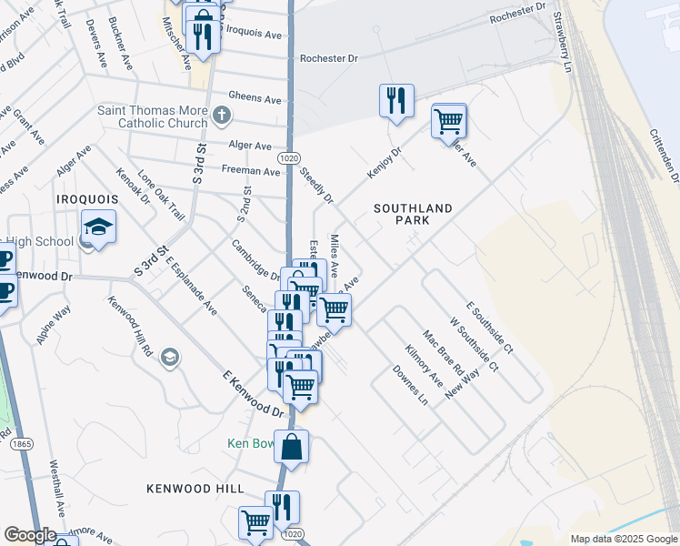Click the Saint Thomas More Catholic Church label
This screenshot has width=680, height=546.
tap(153, 117)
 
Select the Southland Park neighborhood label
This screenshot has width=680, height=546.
tap(414, 215)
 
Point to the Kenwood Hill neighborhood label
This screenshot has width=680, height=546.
tap(195, 489)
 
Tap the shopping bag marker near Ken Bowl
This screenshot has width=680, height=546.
tap(291, 448)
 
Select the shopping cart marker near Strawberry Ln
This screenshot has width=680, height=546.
tap(449, 120)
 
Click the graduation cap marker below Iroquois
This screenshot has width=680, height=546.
tap(98, 228)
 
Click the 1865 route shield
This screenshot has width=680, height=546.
tap(21, 444)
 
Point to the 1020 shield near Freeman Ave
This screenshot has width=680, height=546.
tap(289, 157)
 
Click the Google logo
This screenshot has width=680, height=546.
tap(30, 535)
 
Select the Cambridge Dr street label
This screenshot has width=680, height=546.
tap(255, 260)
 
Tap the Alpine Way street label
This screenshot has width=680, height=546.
tap(54, 325)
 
